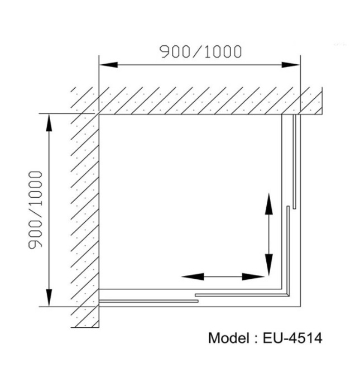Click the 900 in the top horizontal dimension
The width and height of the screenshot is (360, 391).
174,52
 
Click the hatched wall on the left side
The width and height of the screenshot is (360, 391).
85,212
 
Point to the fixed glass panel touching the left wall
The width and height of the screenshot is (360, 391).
148,301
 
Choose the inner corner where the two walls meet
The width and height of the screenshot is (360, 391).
99,114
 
